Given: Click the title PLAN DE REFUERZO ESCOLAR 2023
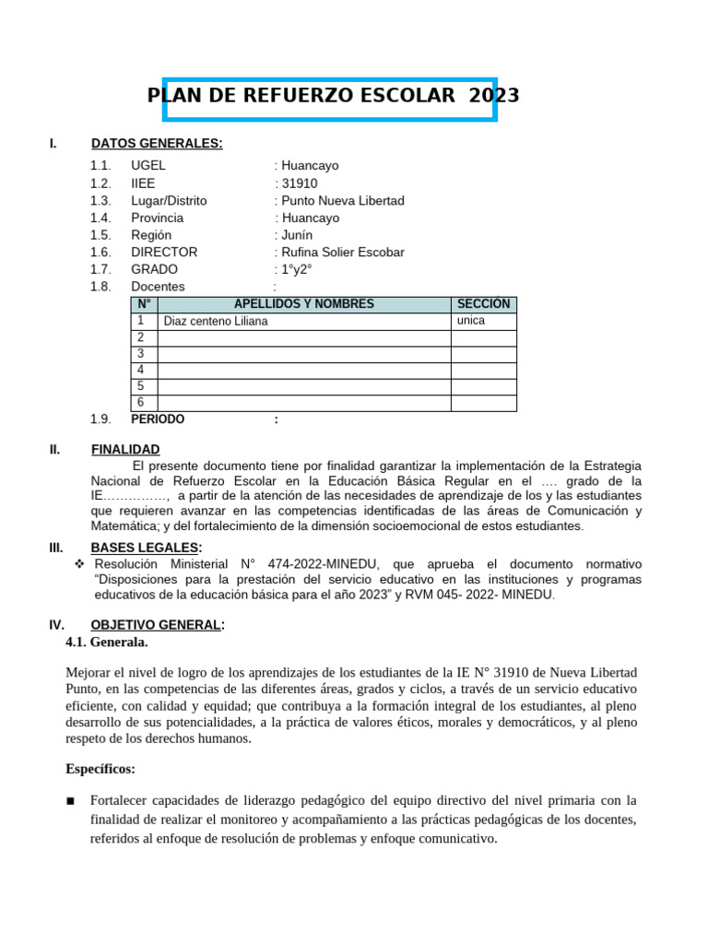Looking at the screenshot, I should pyautogui.click(x=333, y=97).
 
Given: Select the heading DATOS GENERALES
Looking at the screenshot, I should pyautogui.click(x=157, y=143).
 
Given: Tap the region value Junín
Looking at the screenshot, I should pyautogui.click(x=297, y=235).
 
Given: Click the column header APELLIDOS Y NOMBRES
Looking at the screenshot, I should pyautogui.click(x=304, y=304).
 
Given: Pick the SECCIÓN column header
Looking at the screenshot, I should pyautogui.click(x=483, y=304).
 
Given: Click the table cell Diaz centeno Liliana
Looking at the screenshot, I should pyautogui.click(x=216, y=322).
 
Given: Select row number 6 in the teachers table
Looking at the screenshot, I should pyautogui.click(x=141, y=403).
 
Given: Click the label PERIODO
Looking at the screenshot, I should pyautogui.click(x=158, y=419).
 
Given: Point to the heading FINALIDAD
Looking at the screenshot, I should pyautogui.click(x=125, y=449).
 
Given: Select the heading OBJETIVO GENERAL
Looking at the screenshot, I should pyautogui.click(x=156, y=625).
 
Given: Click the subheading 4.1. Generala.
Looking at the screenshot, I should pyautogui.click(x=107, y=642).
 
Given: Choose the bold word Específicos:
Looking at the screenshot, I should pyautogui.click(x=100, y=768).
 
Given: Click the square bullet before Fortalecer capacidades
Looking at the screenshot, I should pyautogui.click(x=71, y=800).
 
